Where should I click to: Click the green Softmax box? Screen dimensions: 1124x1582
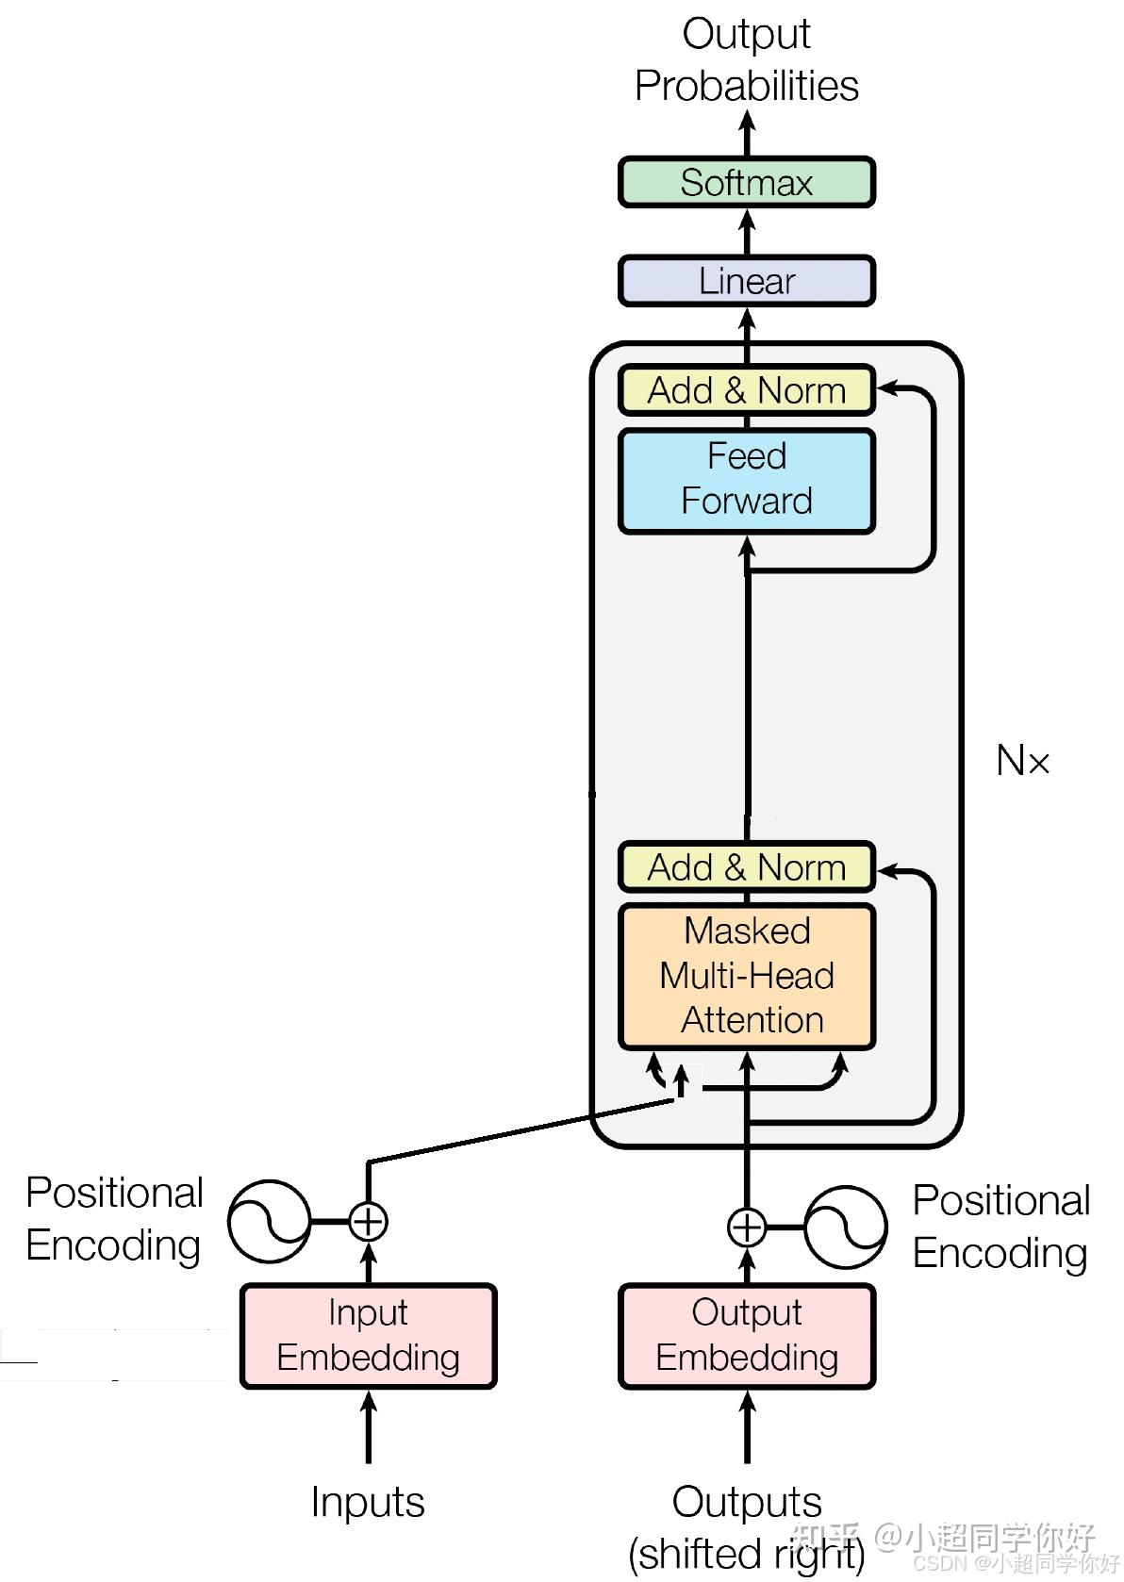click(x=747, y=182)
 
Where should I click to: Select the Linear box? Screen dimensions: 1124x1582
click(x=747, y=281)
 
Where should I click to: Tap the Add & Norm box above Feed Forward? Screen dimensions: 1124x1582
click(x=747, y=390)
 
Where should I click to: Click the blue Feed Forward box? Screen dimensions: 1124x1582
click(x=747, y=480)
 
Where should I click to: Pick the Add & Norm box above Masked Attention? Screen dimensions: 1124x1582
click(x=747, y=866)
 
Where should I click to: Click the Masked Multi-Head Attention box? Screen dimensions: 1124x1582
click(x=747, y=976)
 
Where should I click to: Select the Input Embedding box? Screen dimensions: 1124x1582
click(x=368, y=1336)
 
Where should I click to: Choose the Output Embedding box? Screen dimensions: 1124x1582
click(x=747, y=1336)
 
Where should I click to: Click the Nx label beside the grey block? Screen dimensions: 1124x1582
click(x=1022, y=761)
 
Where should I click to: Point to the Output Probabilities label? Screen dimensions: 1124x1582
click(x=747, y=60)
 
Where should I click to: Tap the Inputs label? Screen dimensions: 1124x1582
click(x=368, y=1502)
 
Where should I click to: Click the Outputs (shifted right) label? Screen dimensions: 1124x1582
click(x=747, y=1527)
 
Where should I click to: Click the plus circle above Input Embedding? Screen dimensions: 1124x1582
click(x=368, y=1221)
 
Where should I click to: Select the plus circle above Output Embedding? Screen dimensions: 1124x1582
click(x=747, y=1227)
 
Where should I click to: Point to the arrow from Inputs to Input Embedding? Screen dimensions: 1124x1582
click(x=368, y=1426)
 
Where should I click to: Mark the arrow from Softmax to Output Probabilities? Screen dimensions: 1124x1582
click(x=747, y=134)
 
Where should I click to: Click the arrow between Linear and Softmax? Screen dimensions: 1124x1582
click(x=747, y=232)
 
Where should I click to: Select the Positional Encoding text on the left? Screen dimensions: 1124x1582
click(x=114, y=1219)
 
